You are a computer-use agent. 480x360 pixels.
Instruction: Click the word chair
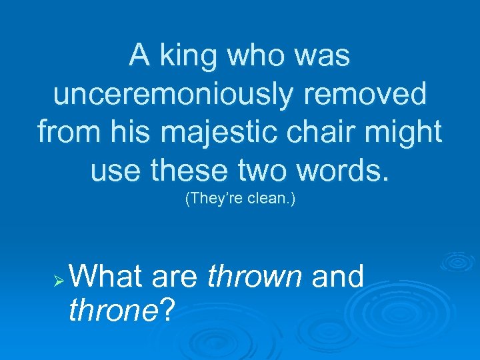tap(323, 132)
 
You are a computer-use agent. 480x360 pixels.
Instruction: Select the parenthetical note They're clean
tap(239, 198)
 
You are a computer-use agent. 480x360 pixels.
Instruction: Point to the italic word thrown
tap(255, 276)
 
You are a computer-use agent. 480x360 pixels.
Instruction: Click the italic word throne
tap(113, 309)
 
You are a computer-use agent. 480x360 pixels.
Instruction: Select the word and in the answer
tap(338, 276)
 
